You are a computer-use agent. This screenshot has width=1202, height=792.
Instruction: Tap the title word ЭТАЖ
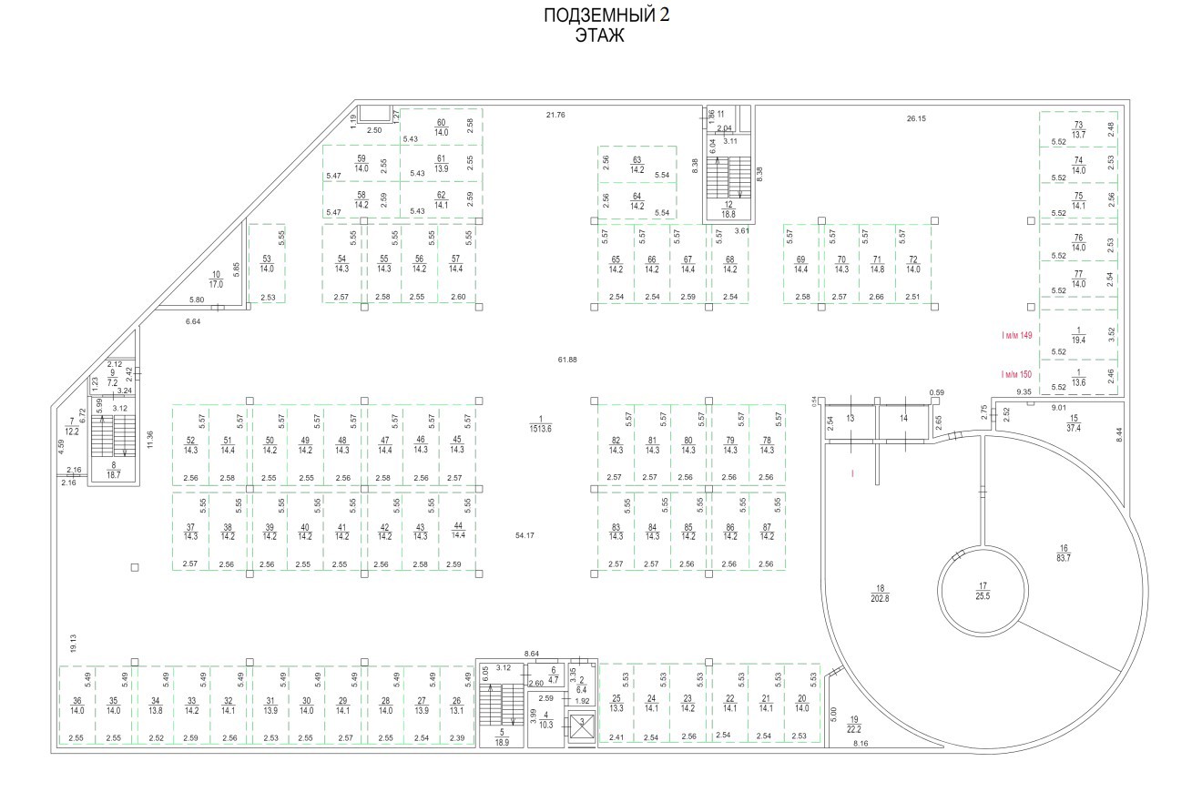pyautogui.click(x=598, y=36)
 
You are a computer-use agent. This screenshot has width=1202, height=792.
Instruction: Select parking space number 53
pyautogui.click(x=267, y=263)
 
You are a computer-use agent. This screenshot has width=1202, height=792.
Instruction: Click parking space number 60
pyautogui.click(x=442, y=127)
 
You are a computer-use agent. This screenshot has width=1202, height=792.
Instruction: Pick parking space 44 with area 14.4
pyautogui.click(x=458, y=532)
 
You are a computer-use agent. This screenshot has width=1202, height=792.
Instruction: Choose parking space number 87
pyautogui.click(x=767, y=532)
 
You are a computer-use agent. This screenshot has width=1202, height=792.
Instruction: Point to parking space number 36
pyautogui.click(x=76, y=705)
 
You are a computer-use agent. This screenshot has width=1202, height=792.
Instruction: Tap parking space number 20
pyautogui.click(x=801, y=703)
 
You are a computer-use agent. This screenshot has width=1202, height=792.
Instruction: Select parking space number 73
pyautogui.click(x=1078, y=129)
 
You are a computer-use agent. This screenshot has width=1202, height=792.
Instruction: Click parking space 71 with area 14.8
pyautogui.click(x=878, y=264)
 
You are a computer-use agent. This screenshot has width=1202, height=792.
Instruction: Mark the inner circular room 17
pyautogui.click(x=983, y=590)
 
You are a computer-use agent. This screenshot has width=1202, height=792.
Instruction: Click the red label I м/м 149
pyautogui.click(x=1016, y=336)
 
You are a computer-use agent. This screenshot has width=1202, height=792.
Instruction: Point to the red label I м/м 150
pyautogui.click(x=1016, y=374)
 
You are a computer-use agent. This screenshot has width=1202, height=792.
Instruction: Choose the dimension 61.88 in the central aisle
pyautogui.click(x=567, y=360)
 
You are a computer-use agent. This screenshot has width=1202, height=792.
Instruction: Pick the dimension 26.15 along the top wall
pyautogui.click(x=916, y=118)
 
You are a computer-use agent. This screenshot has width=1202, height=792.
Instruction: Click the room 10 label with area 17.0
pyautogui.click(x=216, y=279)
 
